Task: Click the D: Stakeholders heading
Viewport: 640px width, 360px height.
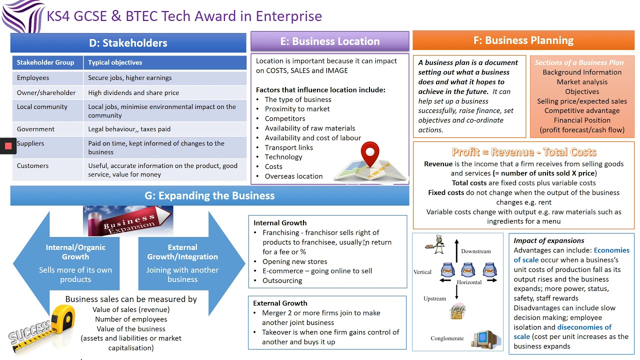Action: point(128,43)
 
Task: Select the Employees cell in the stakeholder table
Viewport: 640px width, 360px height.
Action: point(33,77)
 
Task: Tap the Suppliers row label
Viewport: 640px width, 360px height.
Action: point(30,143)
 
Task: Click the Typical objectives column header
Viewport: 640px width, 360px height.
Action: point(115,62)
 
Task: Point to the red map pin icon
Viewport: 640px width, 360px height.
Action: point(369,154)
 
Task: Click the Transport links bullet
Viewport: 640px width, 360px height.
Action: point(288,147)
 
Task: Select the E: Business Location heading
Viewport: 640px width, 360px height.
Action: point(329,41)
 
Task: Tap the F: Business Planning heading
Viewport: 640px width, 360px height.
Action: point(523,40)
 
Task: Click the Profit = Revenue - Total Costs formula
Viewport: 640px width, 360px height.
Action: point(523,152)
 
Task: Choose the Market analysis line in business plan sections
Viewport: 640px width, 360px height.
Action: point(582,82)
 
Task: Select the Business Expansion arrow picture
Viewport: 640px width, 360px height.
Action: point(128,221)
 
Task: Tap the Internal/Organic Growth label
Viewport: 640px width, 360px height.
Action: point(75,252)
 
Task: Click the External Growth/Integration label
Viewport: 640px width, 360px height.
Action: point(182,252)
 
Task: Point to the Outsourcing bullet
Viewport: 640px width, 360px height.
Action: point(282,280)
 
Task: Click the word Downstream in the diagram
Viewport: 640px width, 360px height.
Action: point(475,251)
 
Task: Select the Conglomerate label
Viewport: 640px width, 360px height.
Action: point(447,338)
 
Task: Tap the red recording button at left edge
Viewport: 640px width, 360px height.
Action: point(8,146)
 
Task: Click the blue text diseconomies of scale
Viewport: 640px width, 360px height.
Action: point(562,332)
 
